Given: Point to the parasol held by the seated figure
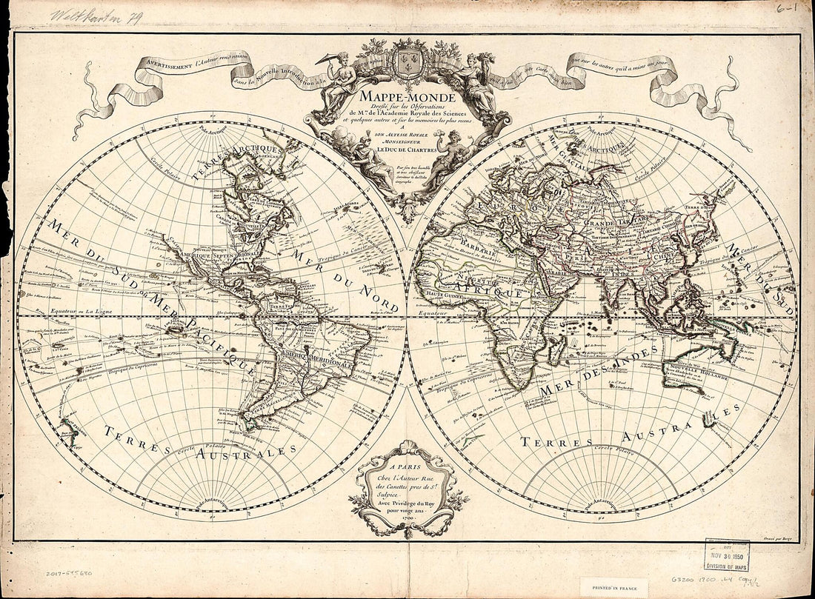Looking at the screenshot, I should pyautogui.click(x=326, y=59).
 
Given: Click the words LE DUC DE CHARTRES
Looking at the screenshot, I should pyautogui.click(x=406, y=150).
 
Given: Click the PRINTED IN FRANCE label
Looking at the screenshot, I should pyautogui.click(x=614, y=588).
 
